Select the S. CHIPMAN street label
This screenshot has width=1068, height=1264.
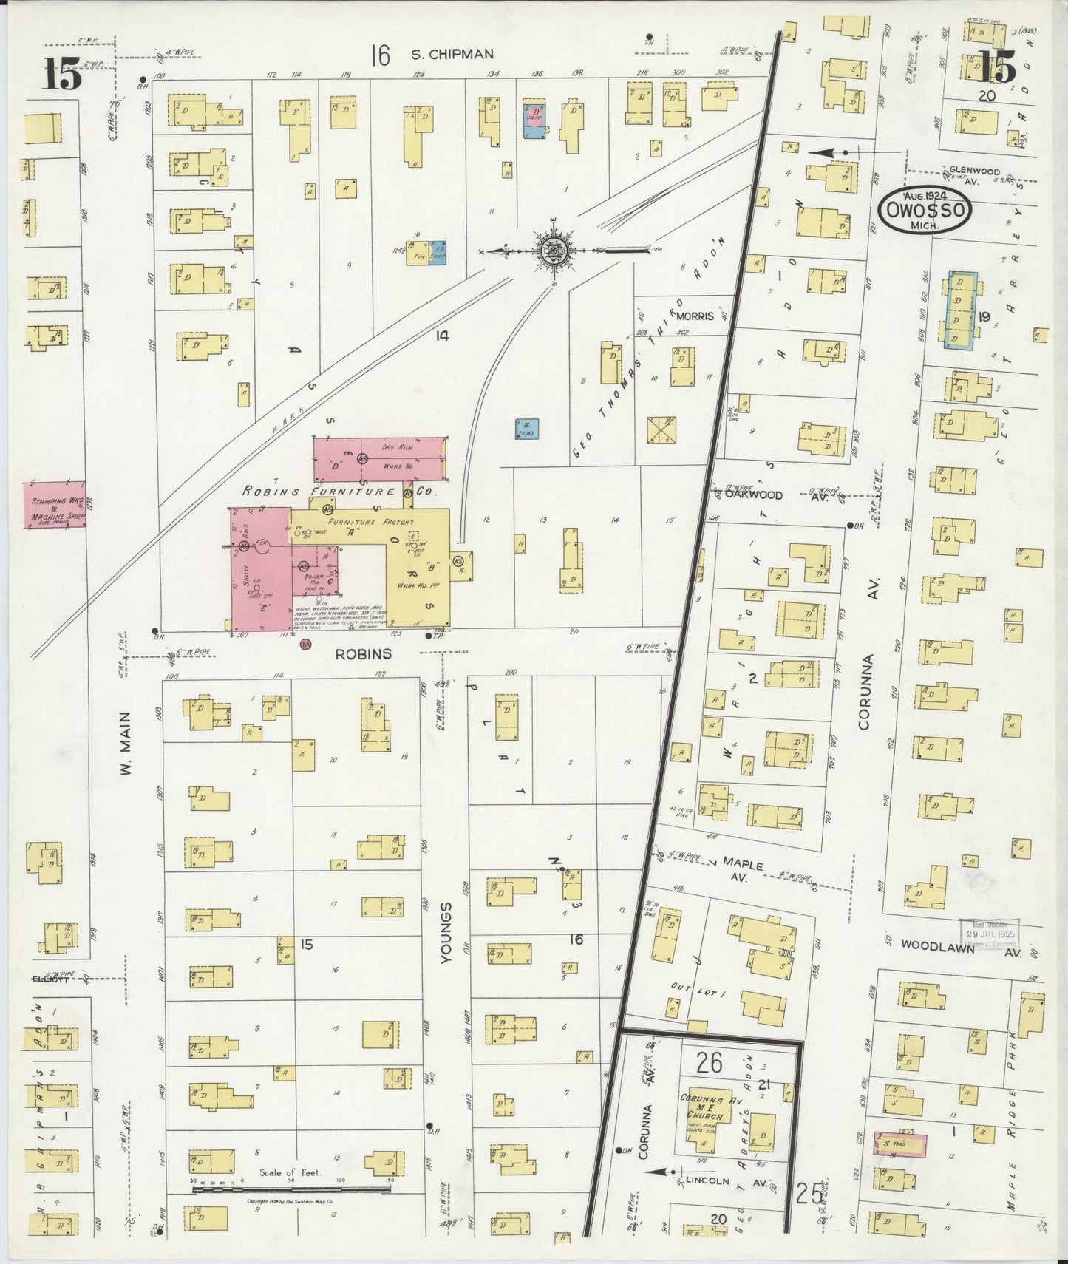[x=442, y=54]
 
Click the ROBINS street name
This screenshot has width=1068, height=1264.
[x=363, y=654]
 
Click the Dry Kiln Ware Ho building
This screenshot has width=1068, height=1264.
[x=380, y=458]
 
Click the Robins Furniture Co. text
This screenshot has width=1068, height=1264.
[x=340, y=492]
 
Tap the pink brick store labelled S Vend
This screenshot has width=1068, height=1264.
[x=899, y=1145]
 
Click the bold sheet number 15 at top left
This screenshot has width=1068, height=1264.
[x=61, y=74]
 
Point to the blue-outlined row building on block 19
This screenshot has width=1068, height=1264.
[x=962, y=310]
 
